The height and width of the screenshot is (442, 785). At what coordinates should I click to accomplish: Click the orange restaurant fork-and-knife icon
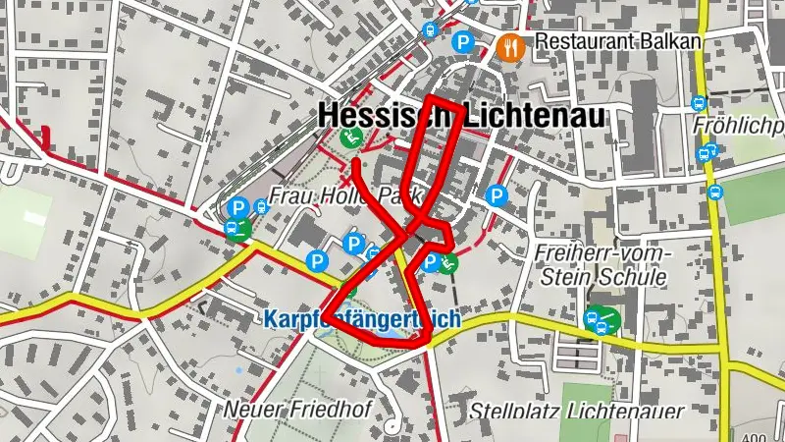pyautogui.click(x=510, y=43)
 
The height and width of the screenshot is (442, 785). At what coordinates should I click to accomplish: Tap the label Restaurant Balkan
pyautogui.click(x=619, y=42)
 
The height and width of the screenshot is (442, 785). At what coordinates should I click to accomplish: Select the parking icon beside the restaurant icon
pyautogui.click(x=461, y=43)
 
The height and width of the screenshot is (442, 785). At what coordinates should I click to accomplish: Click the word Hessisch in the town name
pyautogui.click(x=377, y=116)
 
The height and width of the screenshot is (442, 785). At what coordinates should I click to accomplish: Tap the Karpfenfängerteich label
pyautogui.click(x=361, y=319)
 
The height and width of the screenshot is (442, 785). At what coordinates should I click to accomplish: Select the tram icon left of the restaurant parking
pyautogui.click(x=429, y=30)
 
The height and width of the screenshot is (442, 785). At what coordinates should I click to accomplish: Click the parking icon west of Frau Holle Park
pyautogui.click(x=236, y=208)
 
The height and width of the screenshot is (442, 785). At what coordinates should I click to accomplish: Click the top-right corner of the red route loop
pyautogui.click(x=458, y=104)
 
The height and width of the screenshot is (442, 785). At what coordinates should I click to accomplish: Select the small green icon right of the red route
pyautogui.click(x=449, y=262)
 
